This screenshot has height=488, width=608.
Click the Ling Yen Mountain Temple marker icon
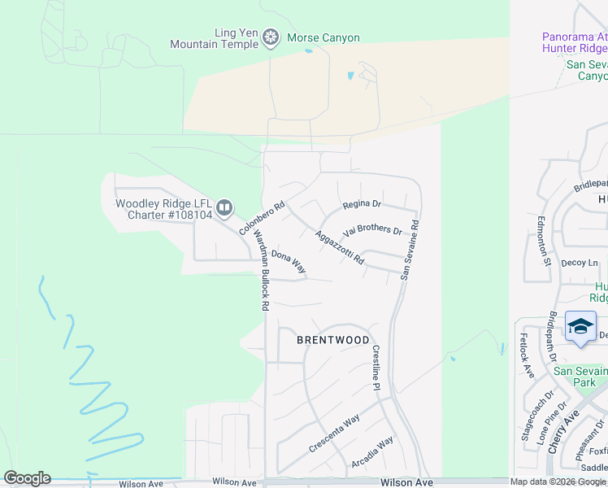[271, 37]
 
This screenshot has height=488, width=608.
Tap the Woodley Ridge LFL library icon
[224, 209]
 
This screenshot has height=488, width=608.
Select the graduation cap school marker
[580, 326]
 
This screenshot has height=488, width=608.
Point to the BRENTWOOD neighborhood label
[332, 340]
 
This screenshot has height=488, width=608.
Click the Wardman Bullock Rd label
[261, 270]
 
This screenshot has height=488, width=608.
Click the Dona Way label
[288, 261]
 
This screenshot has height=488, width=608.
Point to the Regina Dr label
[362, 203]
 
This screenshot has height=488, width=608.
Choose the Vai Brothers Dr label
[373, 231]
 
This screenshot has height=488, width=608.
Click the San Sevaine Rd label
[409, 250]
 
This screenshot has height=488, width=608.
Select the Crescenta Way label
[334, 435]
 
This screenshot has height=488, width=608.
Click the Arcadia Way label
[373, 452]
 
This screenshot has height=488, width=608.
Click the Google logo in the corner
[27, 478]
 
